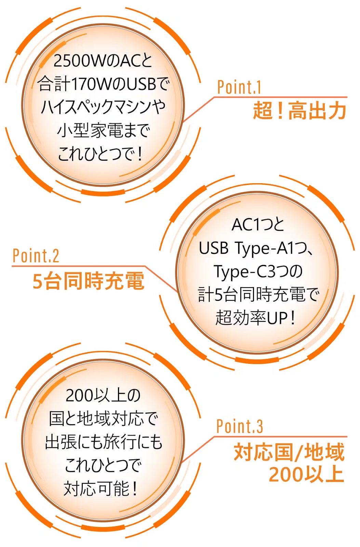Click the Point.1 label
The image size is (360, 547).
239,87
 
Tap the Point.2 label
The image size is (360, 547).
36,256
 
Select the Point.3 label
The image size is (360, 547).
240,426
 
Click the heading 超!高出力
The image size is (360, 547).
299,111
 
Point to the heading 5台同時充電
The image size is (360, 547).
89,281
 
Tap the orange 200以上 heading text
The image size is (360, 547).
307,475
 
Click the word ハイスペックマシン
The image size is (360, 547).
96,107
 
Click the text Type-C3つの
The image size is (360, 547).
258,271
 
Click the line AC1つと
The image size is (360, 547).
258,225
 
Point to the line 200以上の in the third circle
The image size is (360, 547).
103,395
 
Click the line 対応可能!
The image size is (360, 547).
101,489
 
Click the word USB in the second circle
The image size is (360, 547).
214,248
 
